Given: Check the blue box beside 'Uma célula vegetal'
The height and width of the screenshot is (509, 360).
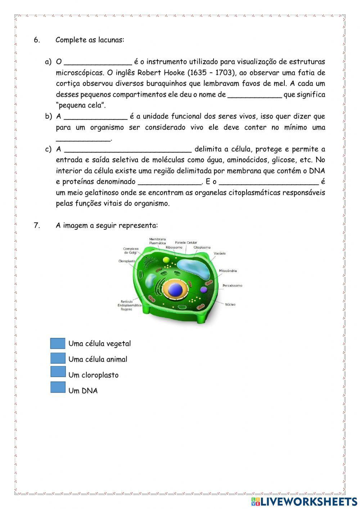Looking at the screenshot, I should click(x=58, y=343).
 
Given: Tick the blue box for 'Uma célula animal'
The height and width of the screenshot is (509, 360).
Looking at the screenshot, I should click(x=58, y=358).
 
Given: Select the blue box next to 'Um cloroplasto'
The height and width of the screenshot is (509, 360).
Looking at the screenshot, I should click(x=58, y=372).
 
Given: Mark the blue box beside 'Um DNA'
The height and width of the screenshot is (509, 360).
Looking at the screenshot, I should click(x=58, y=387).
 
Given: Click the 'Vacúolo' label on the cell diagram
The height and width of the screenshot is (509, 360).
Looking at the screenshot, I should click(x=220, y=254).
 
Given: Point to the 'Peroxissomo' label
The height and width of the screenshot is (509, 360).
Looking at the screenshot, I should click(x=232, y=286).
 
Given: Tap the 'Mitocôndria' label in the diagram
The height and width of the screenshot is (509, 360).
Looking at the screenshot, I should click(x=228, y=271).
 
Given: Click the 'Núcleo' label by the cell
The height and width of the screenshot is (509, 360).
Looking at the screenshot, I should click(x=230, y=305).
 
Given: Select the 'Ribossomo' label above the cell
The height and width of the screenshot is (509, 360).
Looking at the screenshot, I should click(x=174, y=247).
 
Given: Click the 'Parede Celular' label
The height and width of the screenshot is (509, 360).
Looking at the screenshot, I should click(x=186, y=242).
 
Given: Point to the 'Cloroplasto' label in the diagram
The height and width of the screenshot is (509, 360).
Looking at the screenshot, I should click(x=127, y=261).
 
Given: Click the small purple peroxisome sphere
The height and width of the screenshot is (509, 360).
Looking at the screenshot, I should click(x=204, y=290).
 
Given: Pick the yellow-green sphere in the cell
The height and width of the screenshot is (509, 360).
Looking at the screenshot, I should click(x=166, y=260).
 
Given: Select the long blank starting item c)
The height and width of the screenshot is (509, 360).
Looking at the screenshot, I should click(x=127, y=149).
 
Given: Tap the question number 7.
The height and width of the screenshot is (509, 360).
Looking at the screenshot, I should click(x=36, y=226).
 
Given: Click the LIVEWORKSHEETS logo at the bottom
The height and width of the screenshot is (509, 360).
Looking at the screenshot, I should click(x=304, y=501).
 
